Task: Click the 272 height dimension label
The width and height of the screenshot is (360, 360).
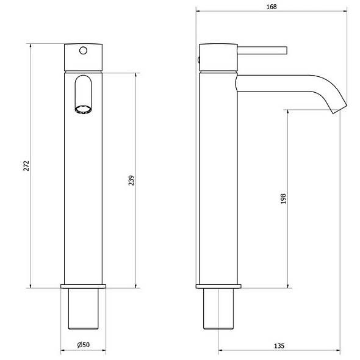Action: click(x=26, y=166)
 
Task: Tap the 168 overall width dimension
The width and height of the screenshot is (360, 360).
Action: click(x=272, y=7)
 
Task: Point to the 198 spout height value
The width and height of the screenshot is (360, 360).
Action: click(x=283, y=199)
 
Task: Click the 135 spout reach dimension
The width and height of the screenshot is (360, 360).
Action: click(x=279, y=345)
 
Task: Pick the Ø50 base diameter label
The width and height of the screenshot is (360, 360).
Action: click(x=84, y=345)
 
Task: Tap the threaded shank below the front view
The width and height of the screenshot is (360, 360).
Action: click(x=84, y=308)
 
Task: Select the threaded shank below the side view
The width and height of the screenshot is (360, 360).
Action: click(x=218, y=308)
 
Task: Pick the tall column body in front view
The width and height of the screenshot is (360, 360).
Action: click(x=84, y=195)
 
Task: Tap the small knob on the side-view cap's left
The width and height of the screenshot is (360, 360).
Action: click(x=198, y=59)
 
